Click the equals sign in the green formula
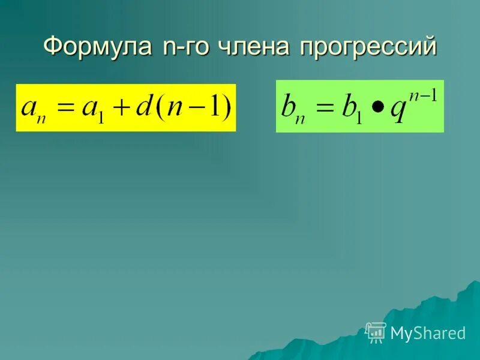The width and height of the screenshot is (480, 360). tap(325, 108)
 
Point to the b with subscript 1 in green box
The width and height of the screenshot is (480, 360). tap(352, 108)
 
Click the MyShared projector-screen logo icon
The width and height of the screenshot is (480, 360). tap(376, 332)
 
